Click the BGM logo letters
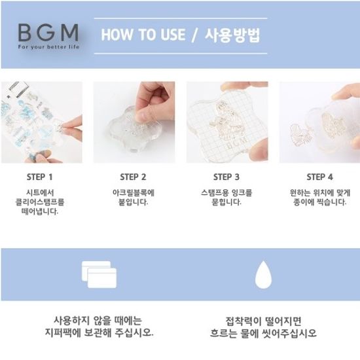48,33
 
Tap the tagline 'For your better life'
48,47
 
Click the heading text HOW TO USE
143,35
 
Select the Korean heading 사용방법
232,35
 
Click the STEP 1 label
40,177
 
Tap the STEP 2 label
133,177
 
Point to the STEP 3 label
226,177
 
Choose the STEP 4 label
319,177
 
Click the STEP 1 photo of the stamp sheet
41,122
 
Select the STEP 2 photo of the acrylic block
134,122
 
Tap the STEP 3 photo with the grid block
227,122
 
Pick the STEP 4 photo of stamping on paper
319,122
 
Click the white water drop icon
264,275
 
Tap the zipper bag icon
99,274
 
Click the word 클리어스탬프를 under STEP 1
40,202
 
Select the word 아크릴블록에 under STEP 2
134,192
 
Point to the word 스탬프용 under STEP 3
214,192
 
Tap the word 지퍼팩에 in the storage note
63,333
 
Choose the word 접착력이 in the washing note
243,321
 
